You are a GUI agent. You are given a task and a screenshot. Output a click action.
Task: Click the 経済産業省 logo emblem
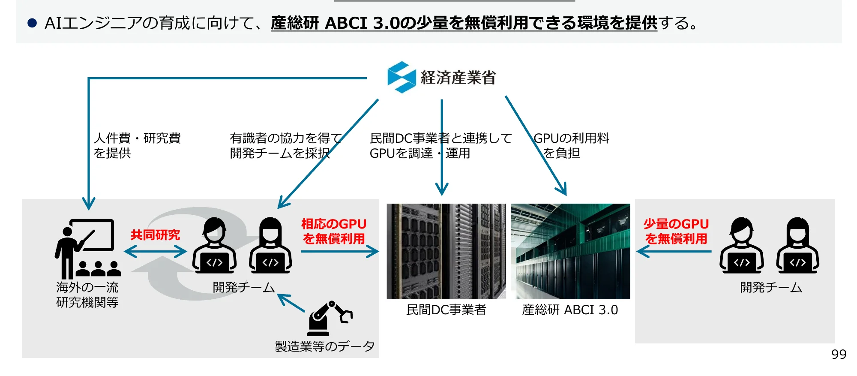[401, 77]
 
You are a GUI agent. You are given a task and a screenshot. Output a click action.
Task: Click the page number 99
[839, 355]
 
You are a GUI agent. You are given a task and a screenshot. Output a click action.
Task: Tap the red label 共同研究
[155, 235]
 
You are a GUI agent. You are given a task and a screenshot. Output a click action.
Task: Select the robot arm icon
[329, 318]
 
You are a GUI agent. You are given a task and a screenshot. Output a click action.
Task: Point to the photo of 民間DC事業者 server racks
[446, 251]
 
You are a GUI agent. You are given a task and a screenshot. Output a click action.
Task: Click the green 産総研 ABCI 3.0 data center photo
[570, 251]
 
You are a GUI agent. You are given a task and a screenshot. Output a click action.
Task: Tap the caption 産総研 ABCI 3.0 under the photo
[570, 310]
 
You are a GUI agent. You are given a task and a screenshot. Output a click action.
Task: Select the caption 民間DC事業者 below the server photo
[446, 310]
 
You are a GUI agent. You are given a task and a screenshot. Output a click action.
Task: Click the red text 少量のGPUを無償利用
[676, 232]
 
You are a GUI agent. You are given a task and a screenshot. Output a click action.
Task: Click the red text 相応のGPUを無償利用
[333, 232]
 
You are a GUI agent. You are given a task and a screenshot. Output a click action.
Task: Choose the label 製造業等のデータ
[324, 346]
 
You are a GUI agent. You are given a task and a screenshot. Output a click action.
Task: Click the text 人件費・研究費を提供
[137, 146]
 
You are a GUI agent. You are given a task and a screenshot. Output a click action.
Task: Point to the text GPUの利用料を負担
[571, 146]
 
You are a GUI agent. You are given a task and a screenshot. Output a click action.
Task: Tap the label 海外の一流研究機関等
[87, 295]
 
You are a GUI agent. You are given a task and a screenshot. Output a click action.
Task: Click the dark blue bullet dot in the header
[32, 23]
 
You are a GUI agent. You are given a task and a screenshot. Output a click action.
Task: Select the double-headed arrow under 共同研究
[155, 252]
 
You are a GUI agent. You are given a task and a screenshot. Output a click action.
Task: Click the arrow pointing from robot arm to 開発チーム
[291, 303]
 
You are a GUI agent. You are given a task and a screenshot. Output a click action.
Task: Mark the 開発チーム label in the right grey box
[770, 287]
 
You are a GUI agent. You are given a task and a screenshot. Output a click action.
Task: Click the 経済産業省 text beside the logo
[458, 78]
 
